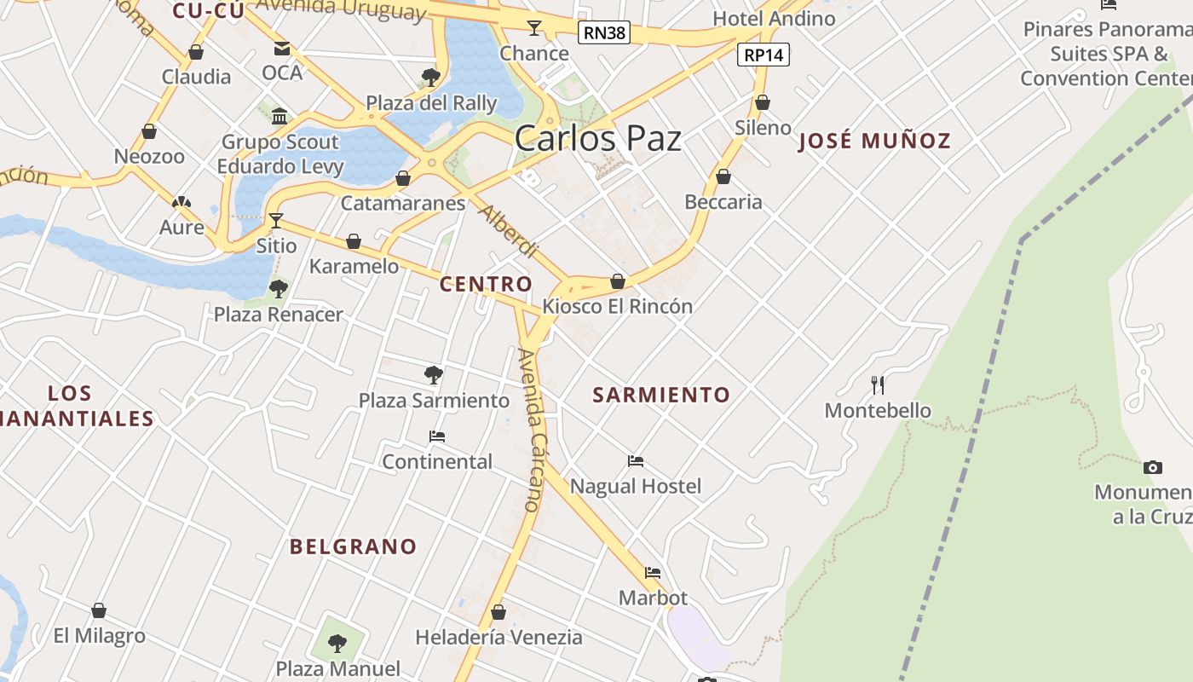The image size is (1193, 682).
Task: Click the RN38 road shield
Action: click(x=603, y=33)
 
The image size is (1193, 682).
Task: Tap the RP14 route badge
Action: click(x=764, y=55)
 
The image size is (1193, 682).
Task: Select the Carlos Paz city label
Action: click(x=597, y=138)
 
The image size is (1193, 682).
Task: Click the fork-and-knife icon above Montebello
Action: click(x=878, y=384)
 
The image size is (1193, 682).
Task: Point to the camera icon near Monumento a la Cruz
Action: click(x=1152, y=467)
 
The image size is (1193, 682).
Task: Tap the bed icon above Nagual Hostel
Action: click(x=636, y=461)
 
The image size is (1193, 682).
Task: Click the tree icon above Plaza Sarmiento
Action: click(x=433, y=374)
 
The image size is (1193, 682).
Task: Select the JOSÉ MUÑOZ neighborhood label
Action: click(x=874, y=142)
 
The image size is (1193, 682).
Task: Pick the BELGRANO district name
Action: click(x=353, y=546)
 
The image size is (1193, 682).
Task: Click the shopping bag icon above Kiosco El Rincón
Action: click(x=618, y=280)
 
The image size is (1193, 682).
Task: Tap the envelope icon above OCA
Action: click(x=281, y=49)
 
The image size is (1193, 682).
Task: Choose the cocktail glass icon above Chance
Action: click(x=534, y=28)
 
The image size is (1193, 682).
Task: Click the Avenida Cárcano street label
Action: click(x=532, y=431)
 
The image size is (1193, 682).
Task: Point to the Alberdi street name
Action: click(x=509, y=232)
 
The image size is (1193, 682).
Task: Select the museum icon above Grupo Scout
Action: click(x=279, y=116)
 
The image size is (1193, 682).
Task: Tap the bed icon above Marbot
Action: click(x=653, y=573)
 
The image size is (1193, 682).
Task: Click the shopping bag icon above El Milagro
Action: click(x=99, y=610)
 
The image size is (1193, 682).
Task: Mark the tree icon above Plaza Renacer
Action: click(x=278, y=289)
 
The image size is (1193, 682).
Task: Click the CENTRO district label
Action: click(x=486, y=285)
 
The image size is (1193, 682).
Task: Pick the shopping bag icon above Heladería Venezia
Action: click(x=499, y=612)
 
